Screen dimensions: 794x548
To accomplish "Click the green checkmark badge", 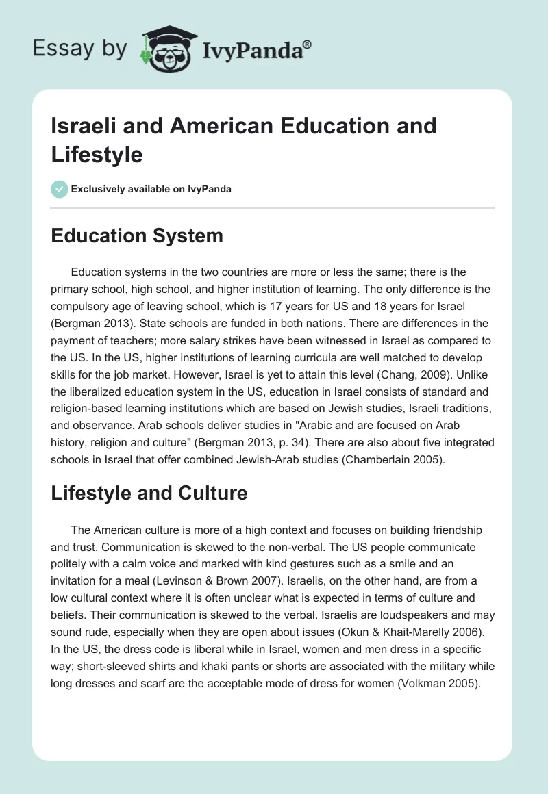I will pos(60,189).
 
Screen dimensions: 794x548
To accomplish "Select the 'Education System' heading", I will pos(137,236).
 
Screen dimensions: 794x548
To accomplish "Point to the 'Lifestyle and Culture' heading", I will pos(149,494).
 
